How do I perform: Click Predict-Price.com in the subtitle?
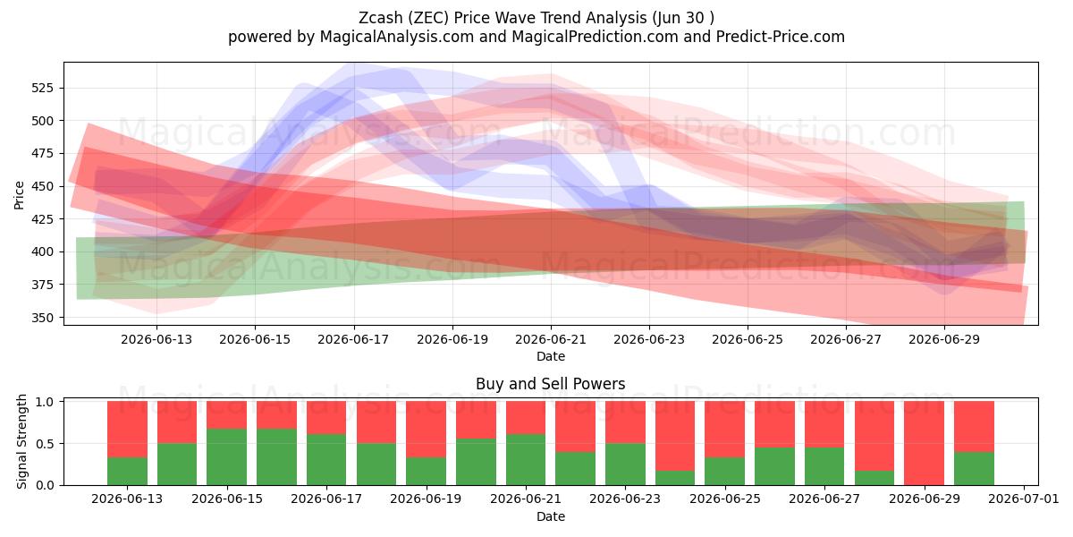click(780, 37)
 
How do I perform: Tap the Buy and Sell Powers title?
click(551, 384)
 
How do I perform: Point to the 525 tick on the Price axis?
click(43, 89)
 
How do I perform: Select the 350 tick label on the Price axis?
click(43, 318)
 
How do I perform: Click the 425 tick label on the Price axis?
click(43, 219)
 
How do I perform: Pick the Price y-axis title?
click(19, 195)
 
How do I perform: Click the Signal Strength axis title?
click(21, 441)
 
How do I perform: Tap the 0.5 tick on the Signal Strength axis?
click(46, 444)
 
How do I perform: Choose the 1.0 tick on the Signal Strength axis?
click(46, 402)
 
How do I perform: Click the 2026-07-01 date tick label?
click(1024, 499)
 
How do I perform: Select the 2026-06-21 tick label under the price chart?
click(551, 339)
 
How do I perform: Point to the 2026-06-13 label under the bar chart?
click(127, 499)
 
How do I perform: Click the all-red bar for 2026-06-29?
click(924, 443)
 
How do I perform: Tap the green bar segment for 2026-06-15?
click(226, 457)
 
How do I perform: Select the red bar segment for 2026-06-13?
click(127, 429)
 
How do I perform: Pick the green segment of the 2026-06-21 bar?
click(526, 460)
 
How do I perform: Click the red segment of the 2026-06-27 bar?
click(824, 424)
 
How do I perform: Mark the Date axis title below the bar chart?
click(551, 516)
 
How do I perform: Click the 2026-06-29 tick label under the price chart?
click(944, 339)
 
